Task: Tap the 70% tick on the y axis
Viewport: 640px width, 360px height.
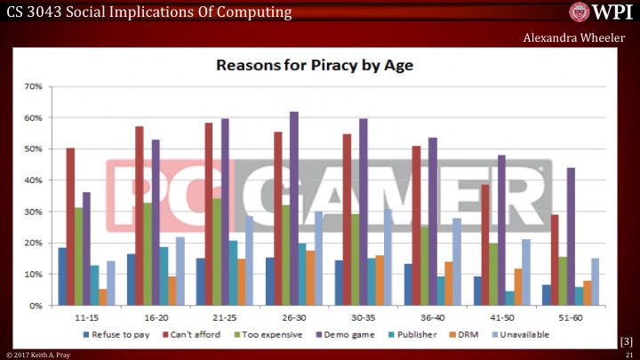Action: (x=34, y=86)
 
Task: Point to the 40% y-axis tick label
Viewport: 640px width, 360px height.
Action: (x=34, y=180)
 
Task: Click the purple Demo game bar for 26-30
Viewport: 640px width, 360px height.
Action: (x=293, y=208)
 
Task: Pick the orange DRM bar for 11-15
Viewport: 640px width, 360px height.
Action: (x=103, y=297)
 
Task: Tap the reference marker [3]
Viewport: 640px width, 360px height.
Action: (x=625, y=340)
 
